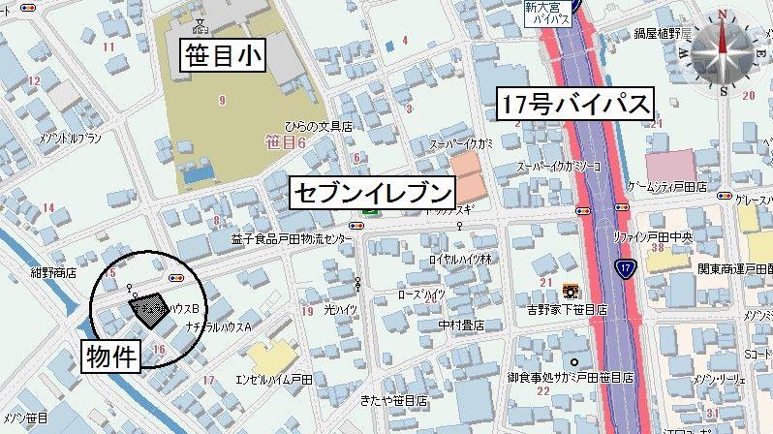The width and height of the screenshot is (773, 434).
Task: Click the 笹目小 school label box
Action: point(224,55)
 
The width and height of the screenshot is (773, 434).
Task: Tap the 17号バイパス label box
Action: point(576,104)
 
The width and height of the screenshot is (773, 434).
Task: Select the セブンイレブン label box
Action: point(373,193)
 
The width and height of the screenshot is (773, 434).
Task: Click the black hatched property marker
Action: point(146,309)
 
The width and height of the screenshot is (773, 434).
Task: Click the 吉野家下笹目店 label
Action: point(567,310)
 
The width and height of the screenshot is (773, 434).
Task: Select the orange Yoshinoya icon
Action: point(568,292)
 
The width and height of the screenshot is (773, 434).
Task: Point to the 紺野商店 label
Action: point(53,273)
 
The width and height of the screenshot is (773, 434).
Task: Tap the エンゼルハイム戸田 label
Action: point(275,380)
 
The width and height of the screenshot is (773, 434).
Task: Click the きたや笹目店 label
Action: point(394,400)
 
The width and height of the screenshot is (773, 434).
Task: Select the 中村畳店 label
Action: point(461,325)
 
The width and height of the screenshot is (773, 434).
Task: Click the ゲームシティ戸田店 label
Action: point(668,186)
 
